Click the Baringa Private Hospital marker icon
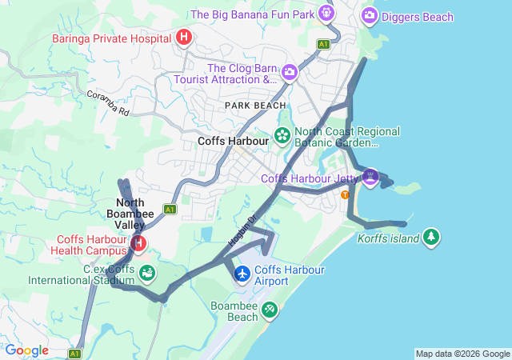click(x=184, y=38)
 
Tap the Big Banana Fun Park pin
click(x=326, y=14)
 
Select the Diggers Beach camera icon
click(x=370, y=15)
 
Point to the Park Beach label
click(x=254, y=106)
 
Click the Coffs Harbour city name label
click(x=233, y=141)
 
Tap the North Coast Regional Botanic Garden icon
click(x=282, y=136)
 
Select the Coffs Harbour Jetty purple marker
click(x=370, y=177)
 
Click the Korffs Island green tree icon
click(x=431, y=237)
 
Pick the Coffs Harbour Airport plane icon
click(x=242, y=274)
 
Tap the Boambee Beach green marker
click(x=270, y=309)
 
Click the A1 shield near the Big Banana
click(x=323, y=44)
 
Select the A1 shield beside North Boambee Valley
click(x=170, y=209)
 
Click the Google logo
click(x=26, y=350)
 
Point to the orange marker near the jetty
click(x=346, y=194)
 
